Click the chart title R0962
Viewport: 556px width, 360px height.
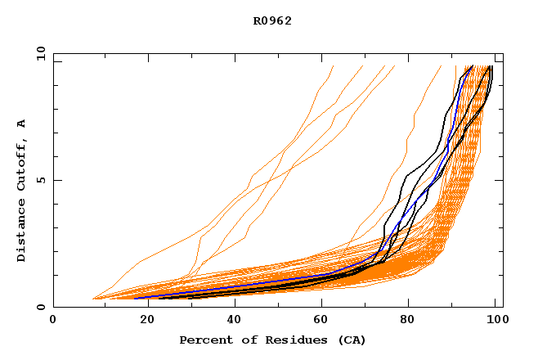pos(272,21)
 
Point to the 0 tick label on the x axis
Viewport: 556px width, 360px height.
pos(53,322)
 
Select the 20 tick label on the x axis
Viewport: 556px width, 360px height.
pos(142,322)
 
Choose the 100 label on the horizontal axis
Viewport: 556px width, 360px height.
pos(495,322)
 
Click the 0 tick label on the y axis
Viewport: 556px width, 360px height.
pos(42,308)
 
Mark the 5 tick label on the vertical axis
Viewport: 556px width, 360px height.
pos(42,180)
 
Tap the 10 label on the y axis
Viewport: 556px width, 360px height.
pos(38,52)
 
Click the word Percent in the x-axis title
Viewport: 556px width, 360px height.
pos(203,340)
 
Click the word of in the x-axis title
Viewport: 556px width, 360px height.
pos(236,340)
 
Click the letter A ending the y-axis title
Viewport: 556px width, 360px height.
pos(21,123)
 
